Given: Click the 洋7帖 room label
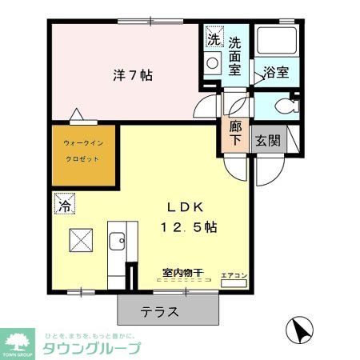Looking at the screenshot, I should click(132, 76).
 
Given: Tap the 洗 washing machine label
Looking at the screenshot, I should click(214, 39).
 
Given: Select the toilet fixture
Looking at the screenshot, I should click(281, 105).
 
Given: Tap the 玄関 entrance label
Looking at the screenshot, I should click(267, 141).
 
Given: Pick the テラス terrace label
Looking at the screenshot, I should click(160, 311).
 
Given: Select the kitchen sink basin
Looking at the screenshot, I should click(117, 240).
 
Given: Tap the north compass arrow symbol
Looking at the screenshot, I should click(298, 329).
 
